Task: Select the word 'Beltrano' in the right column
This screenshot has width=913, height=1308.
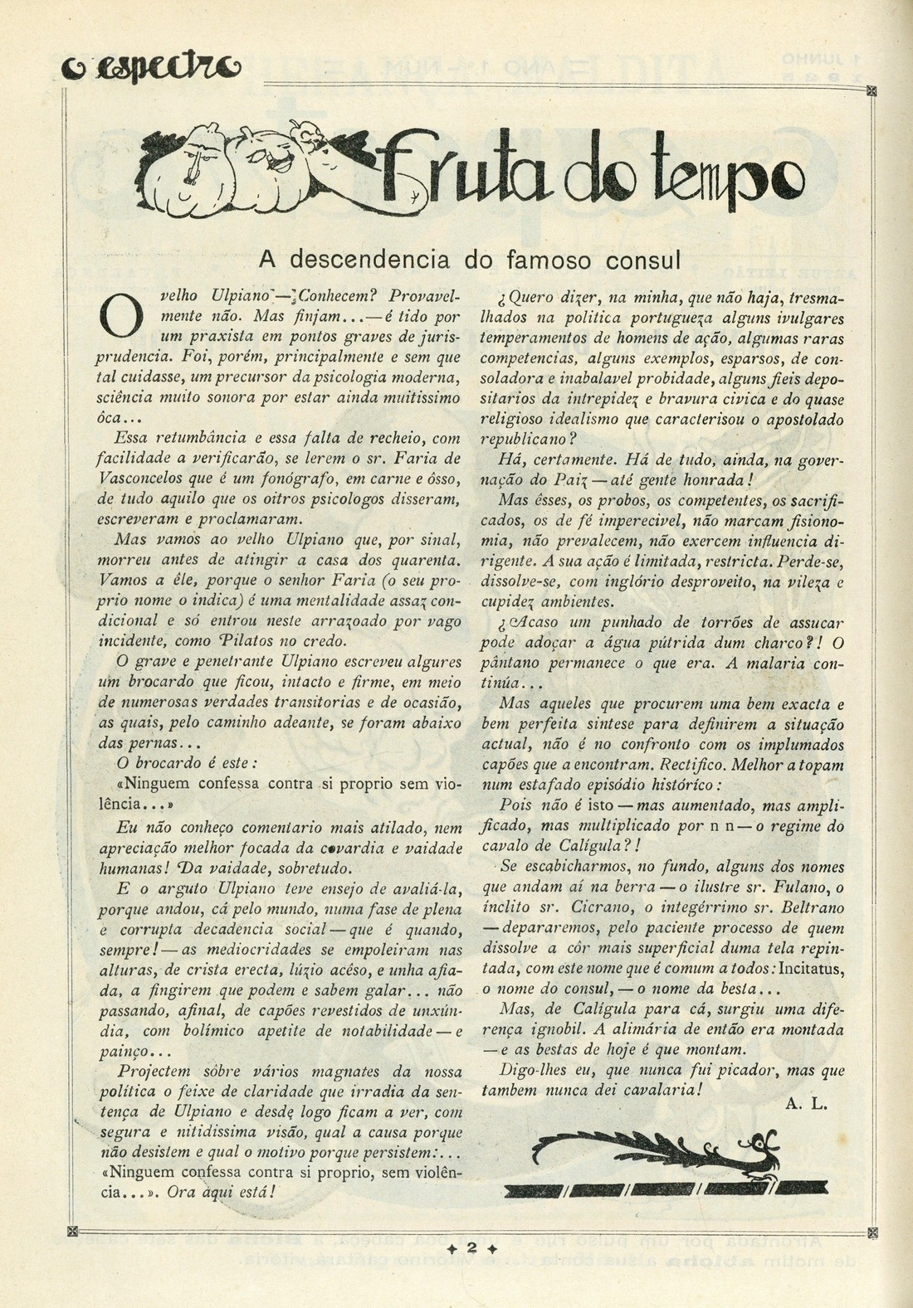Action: [x=813, y=907]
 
